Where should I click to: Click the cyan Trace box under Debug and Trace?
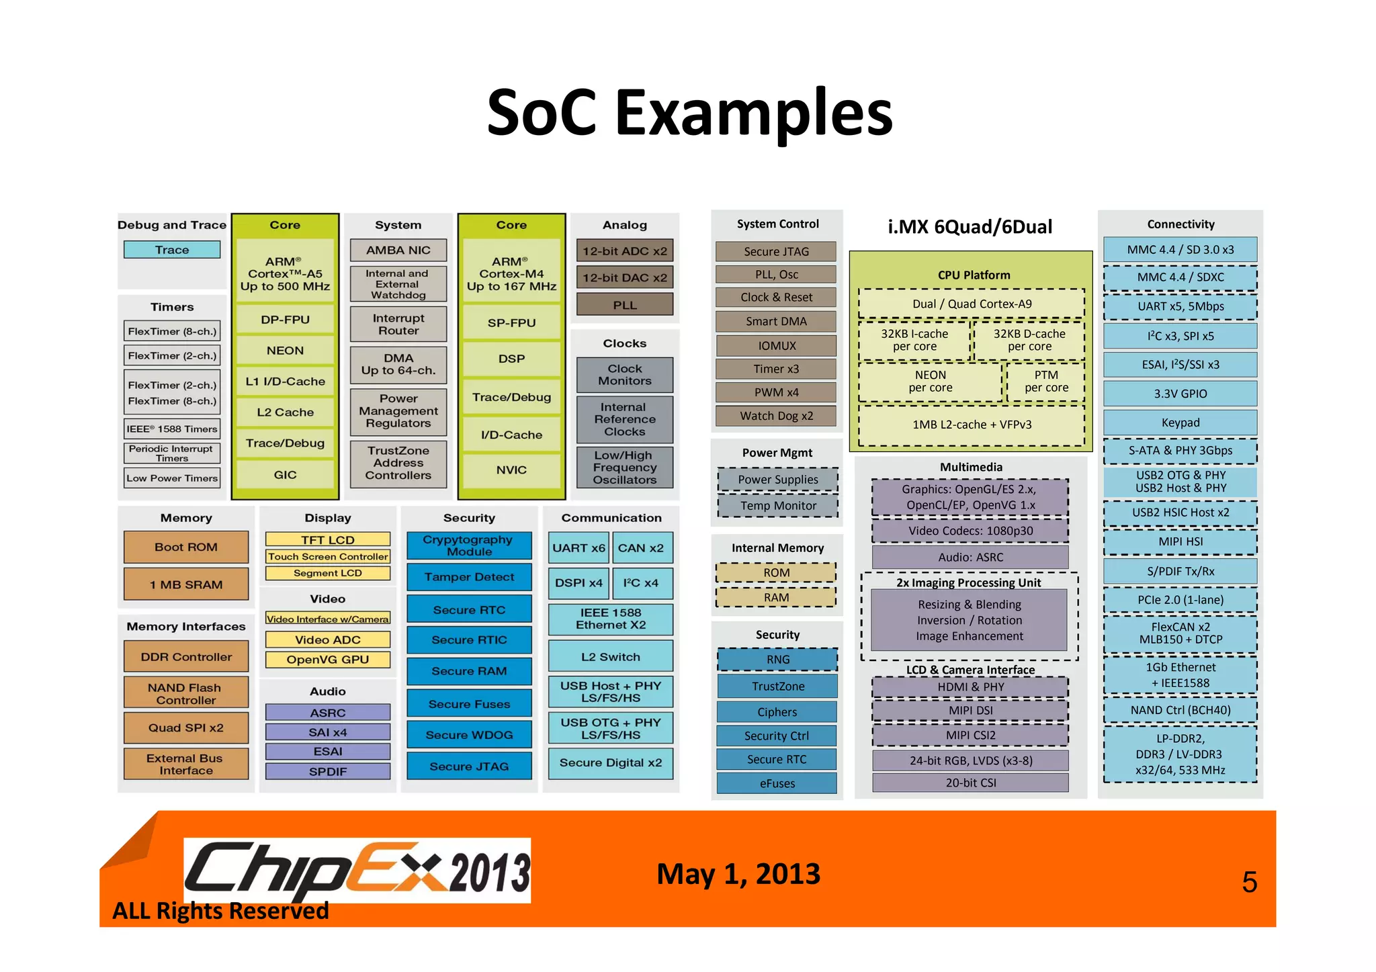(172, 250)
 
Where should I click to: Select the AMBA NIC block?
(398, 250)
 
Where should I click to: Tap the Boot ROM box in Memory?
(186, 547)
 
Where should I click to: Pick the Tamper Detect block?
(469, 577)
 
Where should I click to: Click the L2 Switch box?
(610, 656)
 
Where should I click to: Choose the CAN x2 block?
(640, 548)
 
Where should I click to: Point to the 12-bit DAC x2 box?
(624, 277)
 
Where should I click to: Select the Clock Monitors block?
(624, 375)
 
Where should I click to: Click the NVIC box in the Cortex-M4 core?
(511, 470)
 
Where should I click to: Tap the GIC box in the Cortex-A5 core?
(285, 474)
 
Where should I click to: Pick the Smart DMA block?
(776, 321)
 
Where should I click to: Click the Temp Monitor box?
(778, 506)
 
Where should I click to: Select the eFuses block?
(777, 783)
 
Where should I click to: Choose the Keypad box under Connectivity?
(1180, 423)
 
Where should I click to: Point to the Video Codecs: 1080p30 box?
(970, 531)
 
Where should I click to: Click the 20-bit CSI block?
(970, 783)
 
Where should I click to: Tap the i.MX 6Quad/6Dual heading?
(970, 227)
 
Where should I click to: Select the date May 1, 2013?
(738, 874)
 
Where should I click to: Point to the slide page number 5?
(1249, 882)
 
